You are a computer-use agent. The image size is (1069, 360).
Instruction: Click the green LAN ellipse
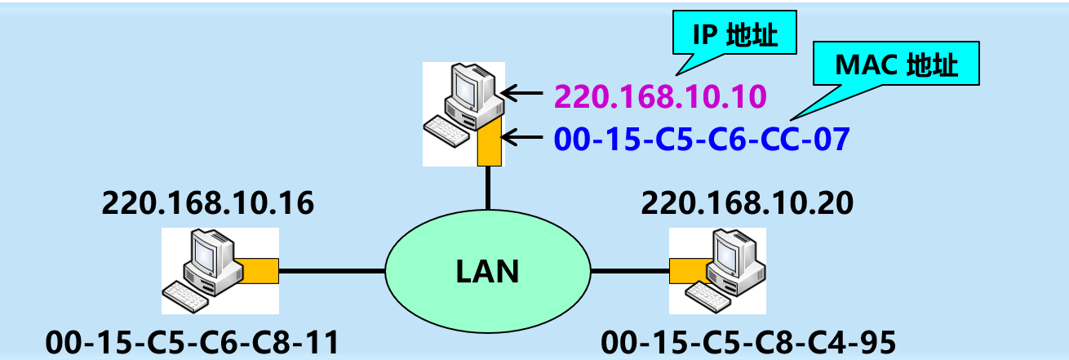tap(487, 270)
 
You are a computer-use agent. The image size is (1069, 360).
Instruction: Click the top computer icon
tap(457, 106)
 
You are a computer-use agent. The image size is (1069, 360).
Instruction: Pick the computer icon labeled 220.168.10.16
tap(204, 269)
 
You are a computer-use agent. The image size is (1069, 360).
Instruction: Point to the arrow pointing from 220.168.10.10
tap(523, 94)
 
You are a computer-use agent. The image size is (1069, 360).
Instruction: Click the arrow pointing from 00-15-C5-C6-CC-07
tap(523, 137)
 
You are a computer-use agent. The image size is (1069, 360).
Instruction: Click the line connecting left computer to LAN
tap(331, 270)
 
